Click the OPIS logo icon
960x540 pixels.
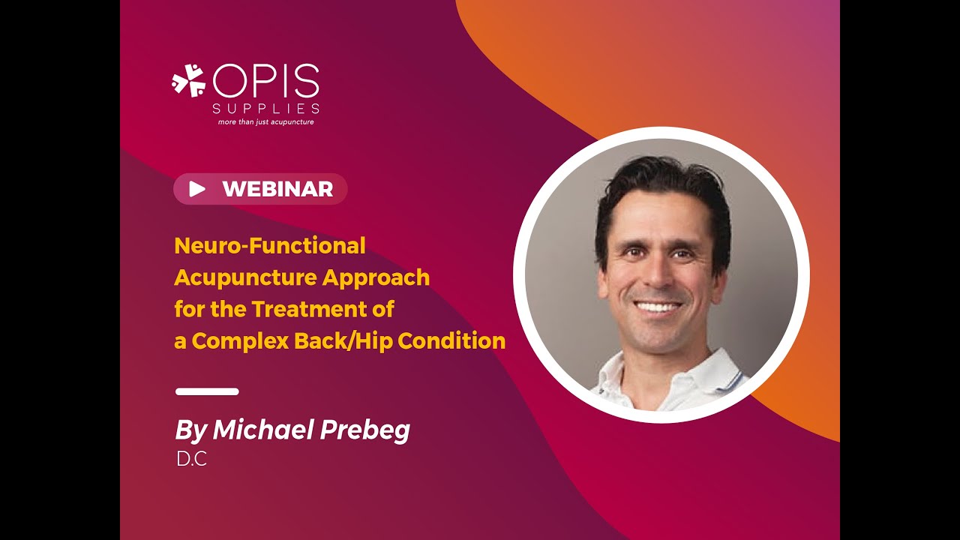pos(188,80)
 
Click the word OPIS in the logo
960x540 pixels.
pos(266,81)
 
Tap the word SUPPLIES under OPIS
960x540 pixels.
pos(266,109)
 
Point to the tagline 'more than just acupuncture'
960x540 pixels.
pos(265,121)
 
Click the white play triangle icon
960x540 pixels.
pos(196,189)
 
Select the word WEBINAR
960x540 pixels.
pos(277,189)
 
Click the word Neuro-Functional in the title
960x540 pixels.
pos(270,245)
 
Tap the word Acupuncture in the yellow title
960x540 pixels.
pos(245,277)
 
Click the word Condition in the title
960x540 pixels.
pos(451,341)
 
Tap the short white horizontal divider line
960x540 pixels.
pos(207,391)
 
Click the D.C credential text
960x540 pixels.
pos(191,460)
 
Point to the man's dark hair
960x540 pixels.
pos(660,180)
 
